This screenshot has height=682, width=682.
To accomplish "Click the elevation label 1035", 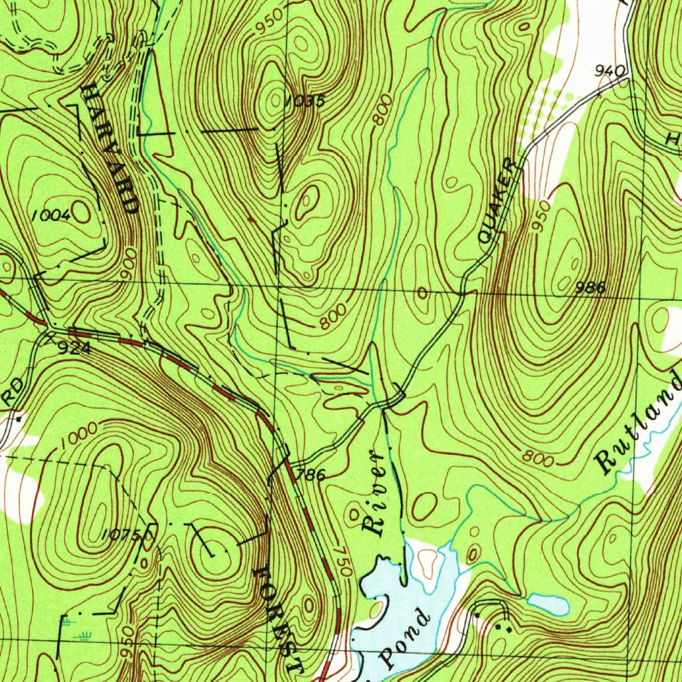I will (x=306, y=102).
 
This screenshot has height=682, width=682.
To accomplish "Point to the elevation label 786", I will (x=311, y=475).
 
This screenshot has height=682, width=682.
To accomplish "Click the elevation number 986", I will (x=590, y=288).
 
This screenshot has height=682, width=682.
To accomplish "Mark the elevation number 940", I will (x=611, y=70).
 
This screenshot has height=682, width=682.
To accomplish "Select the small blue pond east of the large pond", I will (x=548, y=603).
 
